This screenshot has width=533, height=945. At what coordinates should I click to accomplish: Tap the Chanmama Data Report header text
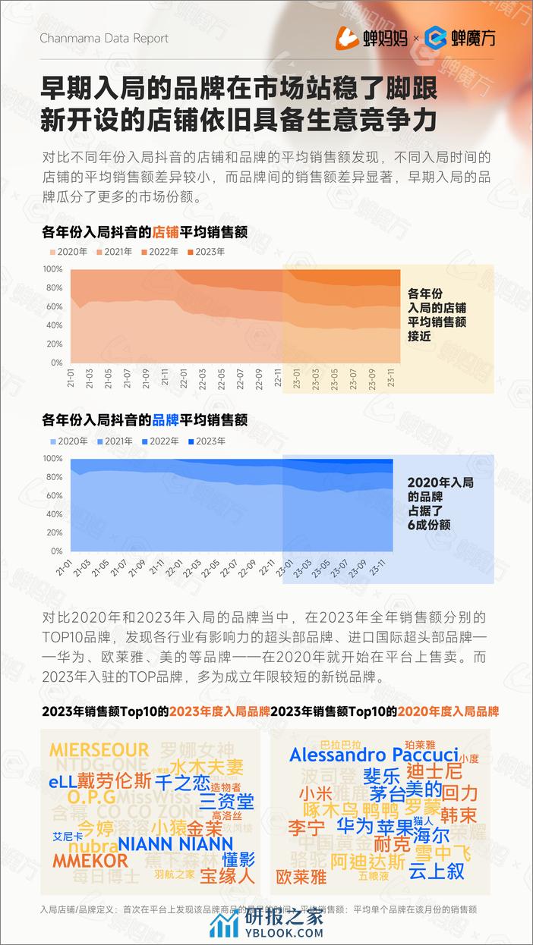click(x=103, y=38)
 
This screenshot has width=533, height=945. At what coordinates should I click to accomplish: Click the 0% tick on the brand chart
click(x=55, y=551)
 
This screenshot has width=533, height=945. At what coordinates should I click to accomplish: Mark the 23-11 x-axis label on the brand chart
click(x=386, y=567)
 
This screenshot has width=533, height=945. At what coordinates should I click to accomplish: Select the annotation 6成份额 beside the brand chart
click(x=430, y=524)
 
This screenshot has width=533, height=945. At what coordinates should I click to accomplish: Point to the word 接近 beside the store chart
click(x=419, y=336)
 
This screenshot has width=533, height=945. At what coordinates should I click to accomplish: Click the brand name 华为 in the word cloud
click(x=355, y=826)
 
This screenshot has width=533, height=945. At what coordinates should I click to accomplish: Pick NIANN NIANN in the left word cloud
click(x=175, y=843)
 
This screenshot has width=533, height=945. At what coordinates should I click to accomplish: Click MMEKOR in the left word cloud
click(x=90, y=861)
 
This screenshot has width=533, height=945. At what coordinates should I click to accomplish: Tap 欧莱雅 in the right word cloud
click(x=301, y=877)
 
